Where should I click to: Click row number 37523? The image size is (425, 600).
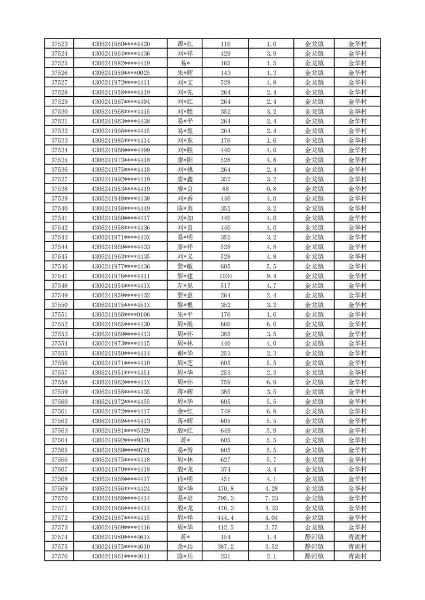[x=59, y=44]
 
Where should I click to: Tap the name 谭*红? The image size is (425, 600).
[x=185, y=44]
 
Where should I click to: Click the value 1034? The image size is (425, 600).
[x=225, y=276]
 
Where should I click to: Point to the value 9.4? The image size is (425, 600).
[x=271, y=276]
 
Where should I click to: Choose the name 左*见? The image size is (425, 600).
[x=185, y=286]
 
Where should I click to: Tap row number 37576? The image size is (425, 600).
[x=59, y=556]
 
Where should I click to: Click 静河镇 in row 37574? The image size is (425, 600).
[x=314, y=537]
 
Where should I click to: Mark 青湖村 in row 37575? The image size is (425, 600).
[x=358, y=547]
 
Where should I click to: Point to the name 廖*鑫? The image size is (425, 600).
[x=185, y=179]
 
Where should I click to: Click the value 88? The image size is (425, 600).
[x=225, y=189]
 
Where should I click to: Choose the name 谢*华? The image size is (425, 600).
[x=185, y=353]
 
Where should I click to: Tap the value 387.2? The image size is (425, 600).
[x=225, y=547]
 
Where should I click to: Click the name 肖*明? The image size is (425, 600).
[x=185, y=479]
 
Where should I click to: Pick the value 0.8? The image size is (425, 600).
[x=271, y=189]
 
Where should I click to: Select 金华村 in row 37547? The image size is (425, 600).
[x=358, y=276]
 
